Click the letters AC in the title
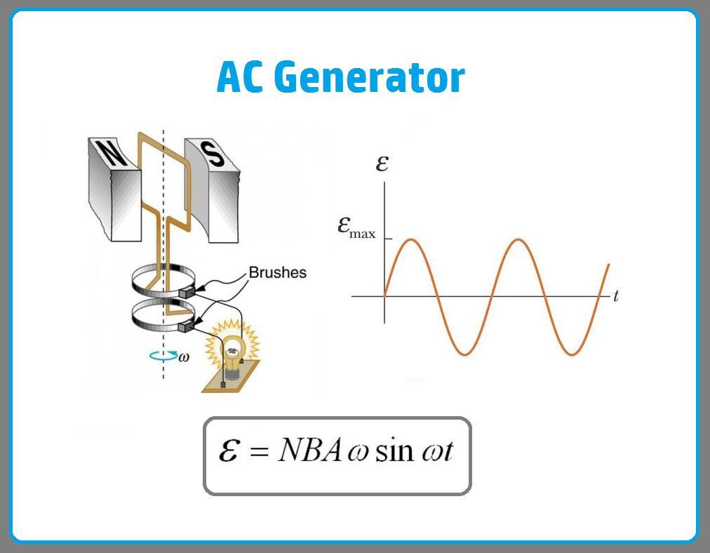click(239, 77)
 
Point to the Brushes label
click(278, 272)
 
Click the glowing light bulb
click(234, 345)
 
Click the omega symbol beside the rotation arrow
click(184, 357)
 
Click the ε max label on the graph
click(356, 227)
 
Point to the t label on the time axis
click(615, 296)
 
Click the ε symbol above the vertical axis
click(382, 164)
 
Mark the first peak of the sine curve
click(412, 241)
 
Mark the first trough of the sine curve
click(464, 353)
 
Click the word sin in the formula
click(394, 451)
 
